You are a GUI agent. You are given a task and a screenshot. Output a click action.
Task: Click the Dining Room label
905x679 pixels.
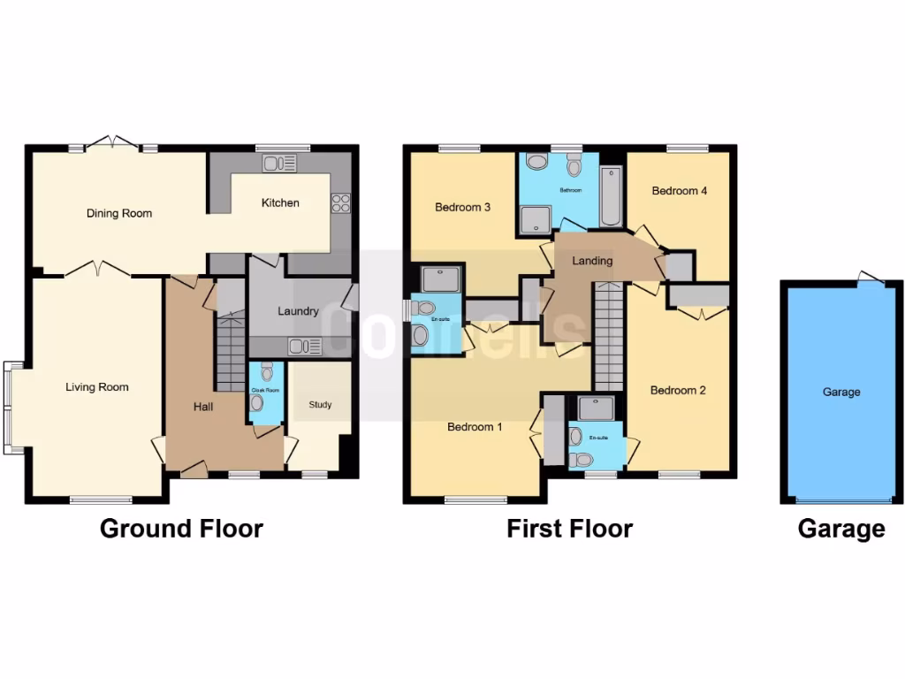(x=118, y=213)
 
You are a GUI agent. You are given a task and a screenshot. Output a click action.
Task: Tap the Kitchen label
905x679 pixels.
(x=280, y=202)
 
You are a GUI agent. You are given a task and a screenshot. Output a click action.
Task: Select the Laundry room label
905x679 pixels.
(x=298, y=311)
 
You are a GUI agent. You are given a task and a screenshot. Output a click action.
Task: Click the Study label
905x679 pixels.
(x=320, y=405)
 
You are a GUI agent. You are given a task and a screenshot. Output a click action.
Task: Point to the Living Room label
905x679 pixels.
(x=97, y=386)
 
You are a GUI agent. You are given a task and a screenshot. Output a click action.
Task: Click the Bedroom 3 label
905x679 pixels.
(x=462, y=208)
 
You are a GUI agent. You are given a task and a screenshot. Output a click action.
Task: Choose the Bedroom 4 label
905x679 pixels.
(x=679, y=190)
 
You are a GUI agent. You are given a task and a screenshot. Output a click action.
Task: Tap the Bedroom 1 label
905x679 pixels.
(x=475, y=427)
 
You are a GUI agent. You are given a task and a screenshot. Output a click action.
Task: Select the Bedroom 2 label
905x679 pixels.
(x=678, y=390)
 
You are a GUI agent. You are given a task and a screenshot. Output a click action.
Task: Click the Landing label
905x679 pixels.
(x=592, y=261)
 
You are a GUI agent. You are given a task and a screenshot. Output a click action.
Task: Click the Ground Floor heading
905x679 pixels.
(x=181, y=529)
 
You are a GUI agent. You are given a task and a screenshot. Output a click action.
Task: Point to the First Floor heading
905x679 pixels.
(x=569, y=529)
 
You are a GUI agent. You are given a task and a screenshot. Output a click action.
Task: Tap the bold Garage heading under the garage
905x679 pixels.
(x=840, y=529)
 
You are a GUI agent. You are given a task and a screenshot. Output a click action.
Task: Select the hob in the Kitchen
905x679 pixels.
(x=340, y=203)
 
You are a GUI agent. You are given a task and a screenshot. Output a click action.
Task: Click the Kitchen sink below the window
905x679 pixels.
(x=280, y=163)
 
